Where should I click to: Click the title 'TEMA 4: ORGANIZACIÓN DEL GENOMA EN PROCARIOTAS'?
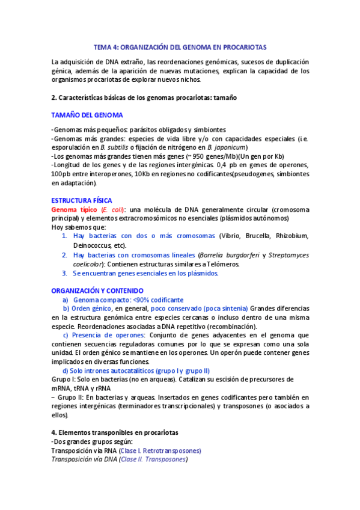180,46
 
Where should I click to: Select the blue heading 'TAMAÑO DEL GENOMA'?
87,115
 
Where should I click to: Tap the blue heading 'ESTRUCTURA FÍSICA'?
81,200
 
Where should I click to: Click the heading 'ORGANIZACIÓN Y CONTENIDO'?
97,290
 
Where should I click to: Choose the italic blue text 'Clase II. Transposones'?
153,459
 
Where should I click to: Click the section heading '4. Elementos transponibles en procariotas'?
115,432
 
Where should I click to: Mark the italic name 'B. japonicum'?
227,148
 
